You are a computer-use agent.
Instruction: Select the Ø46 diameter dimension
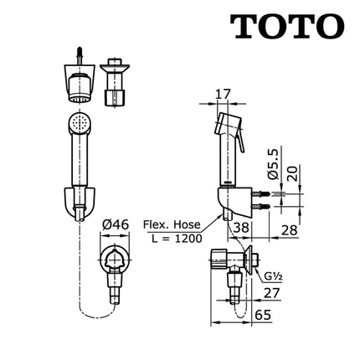(x=116, y=224)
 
